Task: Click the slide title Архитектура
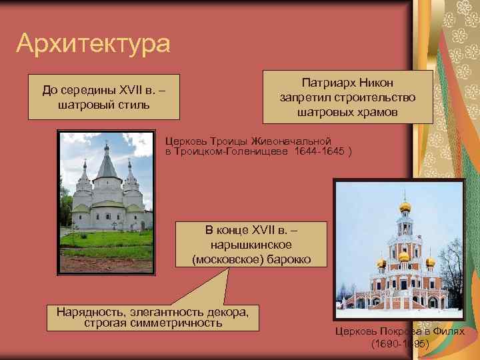(93, 44)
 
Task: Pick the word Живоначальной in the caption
(297, 141)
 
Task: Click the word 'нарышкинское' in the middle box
(251, 244)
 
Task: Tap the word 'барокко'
(288, 259)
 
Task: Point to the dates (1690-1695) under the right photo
(399, 344)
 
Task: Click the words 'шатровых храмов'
(347, 112)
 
